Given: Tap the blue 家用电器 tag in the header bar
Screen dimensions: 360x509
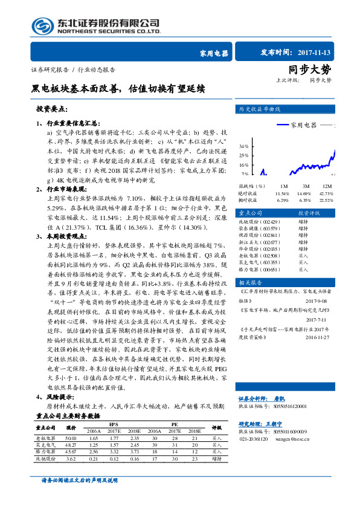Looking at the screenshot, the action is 214,53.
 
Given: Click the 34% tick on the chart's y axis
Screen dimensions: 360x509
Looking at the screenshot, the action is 243,146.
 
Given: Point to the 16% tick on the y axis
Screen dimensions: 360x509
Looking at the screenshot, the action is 243,164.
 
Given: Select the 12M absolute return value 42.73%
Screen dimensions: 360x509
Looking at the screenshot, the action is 326,192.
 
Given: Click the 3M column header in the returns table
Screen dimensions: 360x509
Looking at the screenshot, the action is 306,186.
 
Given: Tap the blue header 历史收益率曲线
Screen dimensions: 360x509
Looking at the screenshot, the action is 260,109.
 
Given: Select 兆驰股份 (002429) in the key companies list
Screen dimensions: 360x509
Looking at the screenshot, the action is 259,223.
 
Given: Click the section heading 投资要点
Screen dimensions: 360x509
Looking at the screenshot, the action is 51,109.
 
